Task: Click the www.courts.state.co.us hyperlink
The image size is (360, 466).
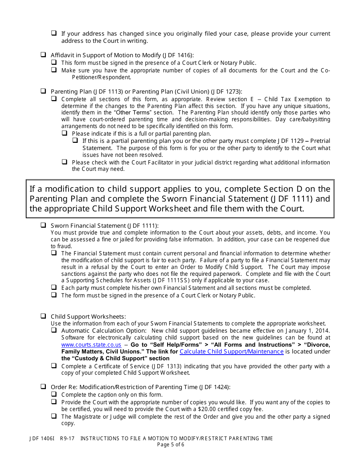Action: [x=91, y=345]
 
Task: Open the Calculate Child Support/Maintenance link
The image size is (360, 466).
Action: [x=231, y=352]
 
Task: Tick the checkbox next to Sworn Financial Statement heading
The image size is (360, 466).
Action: [x=44, y=225]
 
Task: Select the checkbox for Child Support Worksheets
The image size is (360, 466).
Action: [x=44, y=316]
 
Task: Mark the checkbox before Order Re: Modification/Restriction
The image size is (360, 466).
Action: [x=44, y=387]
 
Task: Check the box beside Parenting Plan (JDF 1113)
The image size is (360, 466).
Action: [x=44, y=91]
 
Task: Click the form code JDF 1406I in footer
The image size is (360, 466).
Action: [x=42, y=438]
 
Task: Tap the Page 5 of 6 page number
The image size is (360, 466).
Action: [x=171, y=444]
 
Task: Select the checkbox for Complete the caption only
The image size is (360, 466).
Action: [x=54, y=394]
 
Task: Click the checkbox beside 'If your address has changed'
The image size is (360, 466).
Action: [x=54, y=33]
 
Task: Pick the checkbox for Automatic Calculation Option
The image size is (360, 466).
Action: [x=54, y=330]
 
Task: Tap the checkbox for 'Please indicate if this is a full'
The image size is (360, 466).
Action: [x=65, y=133]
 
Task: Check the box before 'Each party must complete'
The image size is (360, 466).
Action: [x=54, y=288]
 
